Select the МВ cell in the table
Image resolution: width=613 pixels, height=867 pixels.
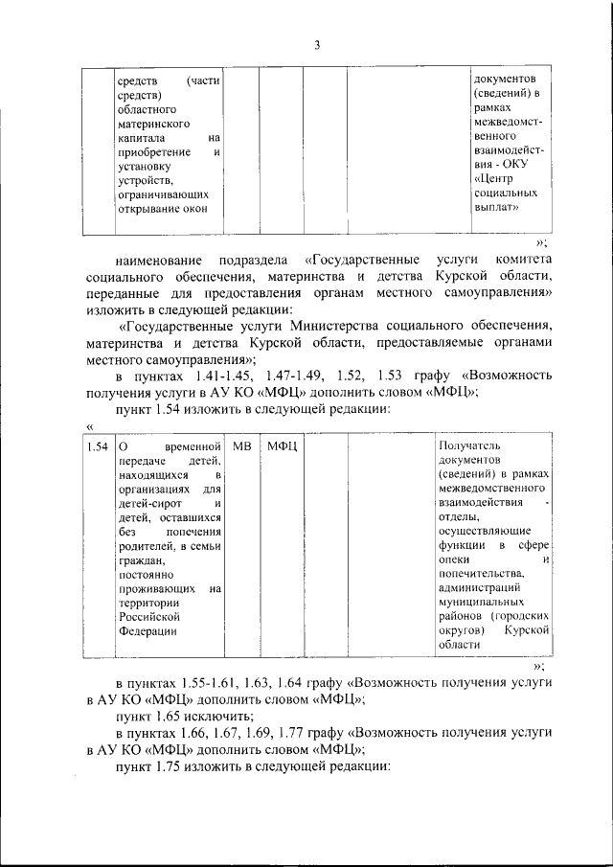click(243, 447)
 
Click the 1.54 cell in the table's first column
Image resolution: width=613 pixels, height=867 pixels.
click(95, 447)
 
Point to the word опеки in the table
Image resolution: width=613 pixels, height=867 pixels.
click(455, 559)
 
